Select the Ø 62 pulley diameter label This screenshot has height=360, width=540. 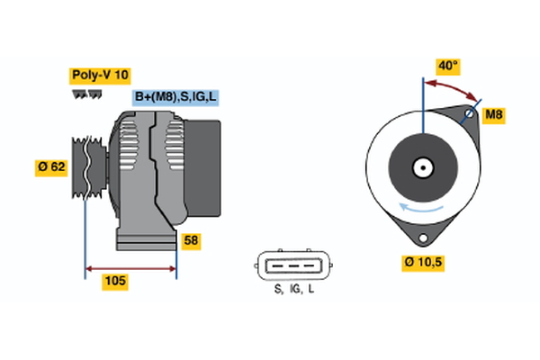pyautogui.click(x=50, y=167)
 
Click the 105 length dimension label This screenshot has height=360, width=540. pyautogui.click(x=114, y=282)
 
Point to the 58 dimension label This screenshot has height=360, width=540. pyautogui.click(x=191, y=240)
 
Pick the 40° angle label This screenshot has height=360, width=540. pyautogui.click(x=448, y=66)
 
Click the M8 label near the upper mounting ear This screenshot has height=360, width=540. pyautogui.click(x=494, y=114)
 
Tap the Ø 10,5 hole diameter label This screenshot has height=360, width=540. pyautogui.click(x=424, y=263)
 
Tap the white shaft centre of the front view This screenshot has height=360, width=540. pyautogui.click(x=421, y=167)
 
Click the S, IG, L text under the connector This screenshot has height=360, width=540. pyautogui.click(x=293, y=289)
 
